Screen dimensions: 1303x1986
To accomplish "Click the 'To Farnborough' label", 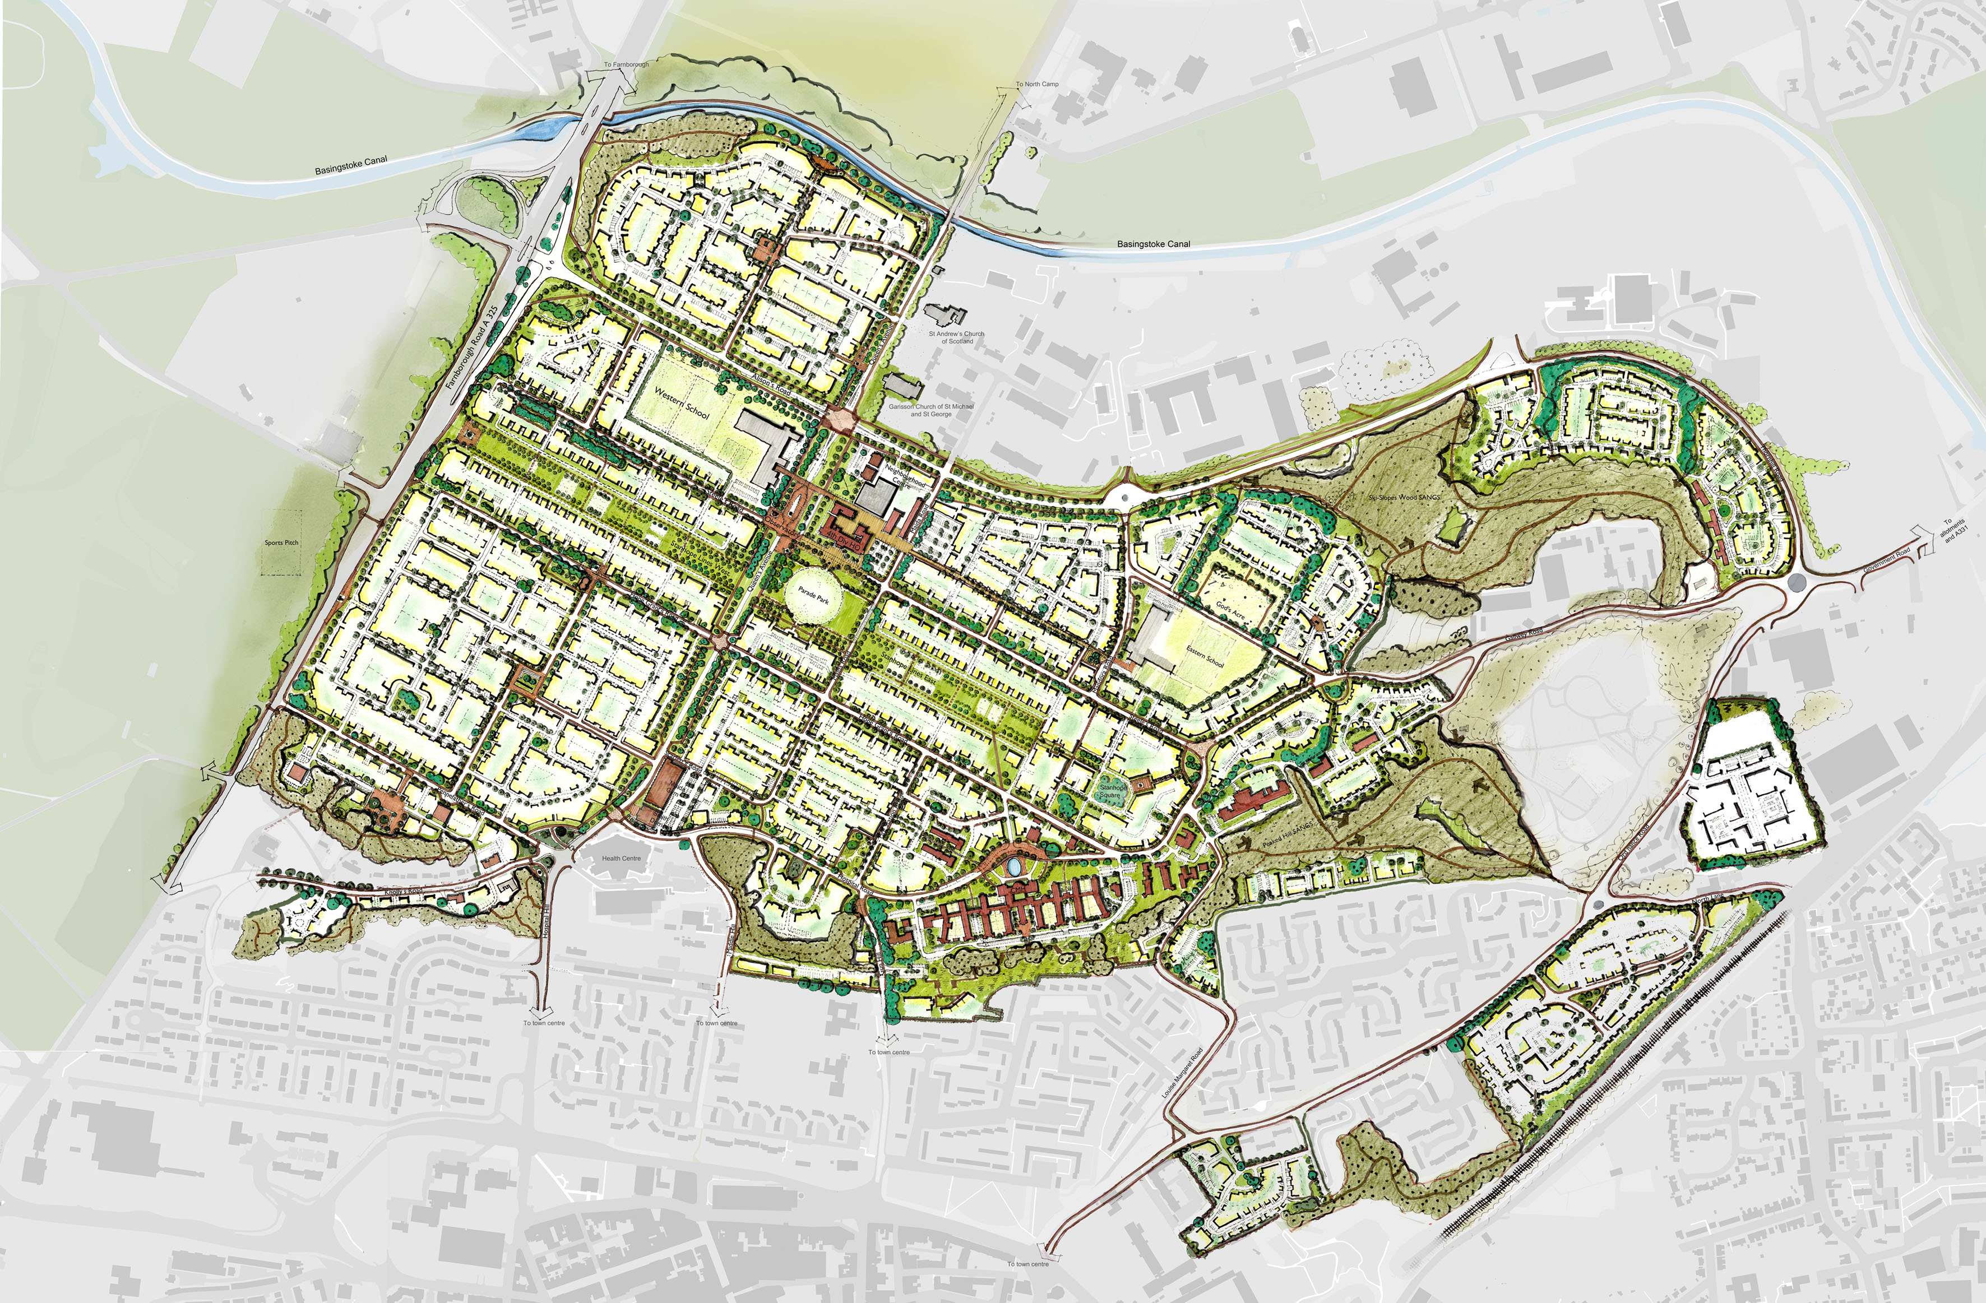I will [626, 64].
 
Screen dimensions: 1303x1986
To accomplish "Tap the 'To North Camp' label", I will [1036, 84].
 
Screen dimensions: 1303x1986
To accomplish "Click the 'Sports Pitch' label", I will [281, 543].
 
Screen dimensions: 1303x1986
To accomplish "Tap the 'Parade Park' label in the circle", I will [813, 595].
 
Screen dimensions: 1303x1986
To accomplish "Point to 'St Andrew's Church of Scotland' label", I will [956, 337].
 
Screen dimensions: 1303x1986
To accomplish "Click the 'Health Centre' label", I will [621, 859].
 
